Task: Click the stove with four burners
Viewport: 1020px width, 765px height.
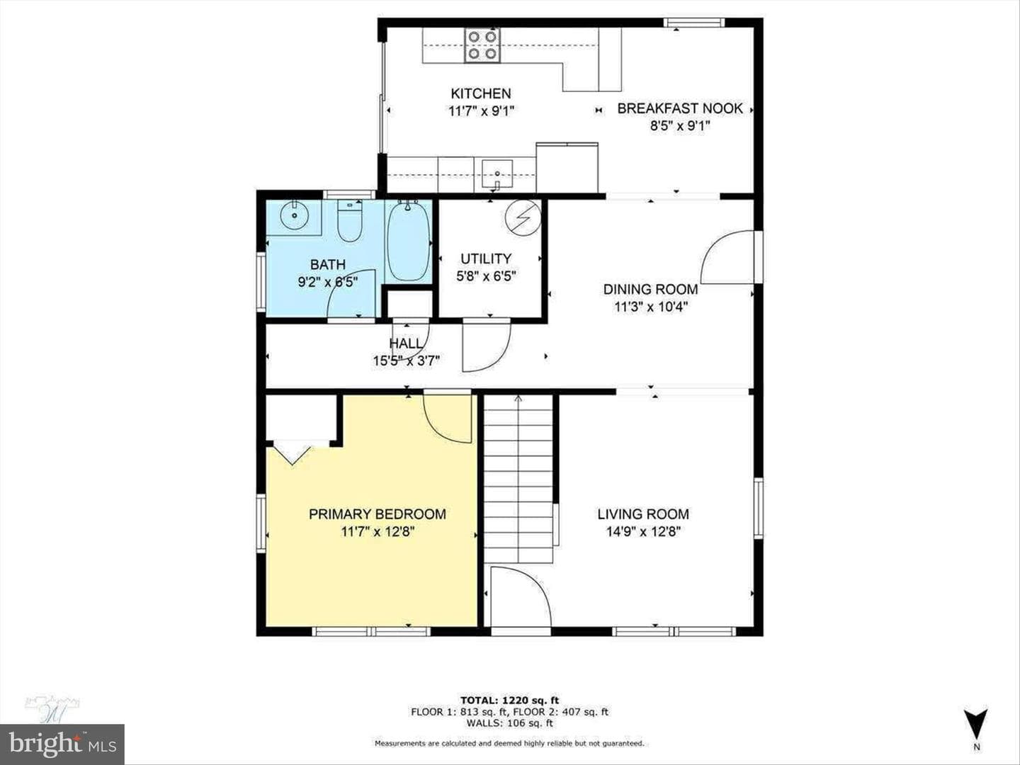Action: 482,45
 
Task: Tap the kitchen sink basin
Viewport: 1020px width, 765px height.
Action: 497,173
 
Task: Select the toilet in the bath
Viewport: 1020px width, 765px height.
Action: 349,220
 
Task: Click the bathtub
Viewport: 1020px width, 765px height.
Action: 409,241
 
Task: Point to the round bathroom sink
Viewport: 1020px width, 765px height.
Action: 294,215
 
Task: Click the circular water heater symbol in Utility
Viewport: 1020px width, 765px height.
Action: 523,217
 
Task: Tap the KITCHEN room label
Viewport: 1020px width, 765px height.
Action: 481,93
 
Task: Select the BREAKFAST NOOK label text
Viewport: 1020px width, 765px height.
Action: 680,108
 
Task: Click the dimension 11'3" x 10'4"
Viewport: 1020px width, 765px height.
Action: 650,307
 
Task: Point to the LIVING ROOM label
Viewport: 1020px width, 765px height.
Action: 643,514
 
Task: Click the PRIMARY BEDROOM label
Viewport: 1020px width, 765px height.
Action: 378,514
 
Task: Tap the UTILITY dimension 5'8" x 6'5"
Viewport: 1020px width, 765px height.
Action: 486,276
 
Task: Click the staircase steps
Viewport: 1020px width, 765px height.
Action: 518,478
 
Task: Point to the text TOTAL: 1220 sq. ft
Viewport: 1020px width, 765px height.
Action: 510,700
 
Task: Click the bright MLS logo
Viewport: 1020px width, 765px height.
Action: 62,744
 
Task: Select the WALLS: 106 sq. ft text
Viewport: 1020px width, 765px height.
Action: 510,722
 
